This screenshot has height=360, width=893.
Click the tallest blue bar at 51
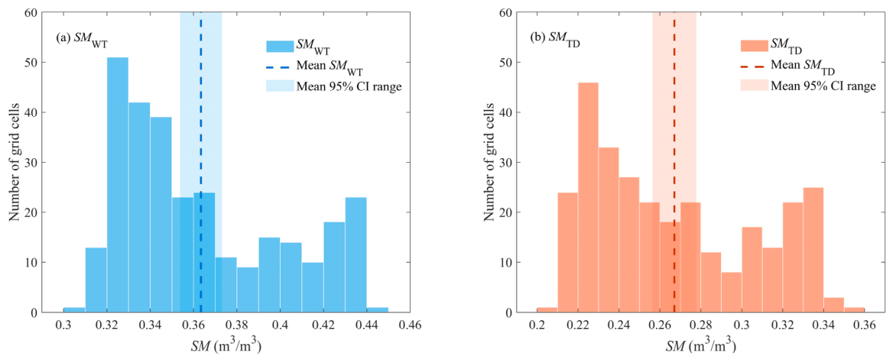(x=118, y=184)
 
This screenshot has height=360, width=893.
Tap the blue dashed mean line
(x=201, y=162)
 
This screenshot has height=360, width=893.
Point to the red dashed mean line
(x=674, y=162)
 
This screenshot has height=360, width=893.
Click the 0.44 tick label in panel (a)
(x=367, y=326)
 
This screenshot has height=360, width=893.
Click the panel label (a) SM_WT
(x=80, y=39)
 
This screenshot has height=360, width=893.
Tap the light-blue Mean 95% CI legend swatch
(x=278, y=86)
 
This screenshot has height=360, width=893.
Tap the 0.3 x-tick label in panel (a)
(x=63, y=326)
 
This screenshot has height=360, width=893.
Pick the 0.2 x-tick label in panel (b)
(x=537, y=326)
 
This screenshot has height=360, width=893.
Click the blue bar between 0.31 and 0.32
(x=96, y=280)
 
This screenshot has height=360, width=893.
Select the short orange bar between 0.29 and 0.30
(x=732, y=292)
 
